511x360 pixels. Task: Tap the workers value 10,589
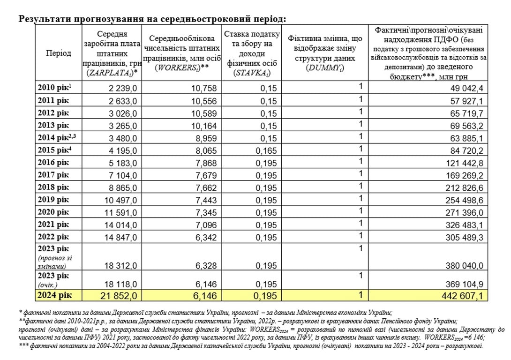coord(203,113)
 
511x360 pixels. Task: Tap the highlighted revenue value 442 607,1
coord(462,296)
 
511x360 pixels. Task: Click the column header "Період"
coord(59,53)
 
